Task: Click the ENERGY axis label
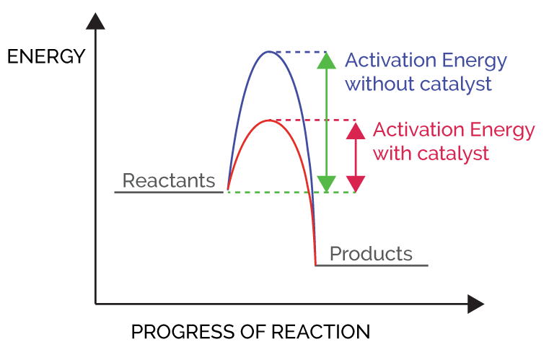46,56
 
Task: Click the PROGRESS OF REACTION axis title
250,332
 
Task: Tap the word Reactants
169,180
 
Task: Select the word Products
371,254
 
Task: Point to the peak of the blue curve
268,52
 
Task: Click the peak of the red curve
268,120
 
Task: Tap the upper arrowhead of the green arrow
327,60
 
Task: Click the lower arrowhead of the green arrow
327,184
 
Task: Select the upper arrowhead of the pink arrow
356,130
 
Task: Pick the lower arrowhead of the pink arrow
356,184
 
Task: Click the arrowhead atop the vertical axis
95,20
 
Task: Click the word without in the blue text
376,84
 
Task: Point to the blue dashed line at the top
303,52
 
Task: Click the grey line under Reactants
170,193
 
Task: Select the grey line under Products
372,265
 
